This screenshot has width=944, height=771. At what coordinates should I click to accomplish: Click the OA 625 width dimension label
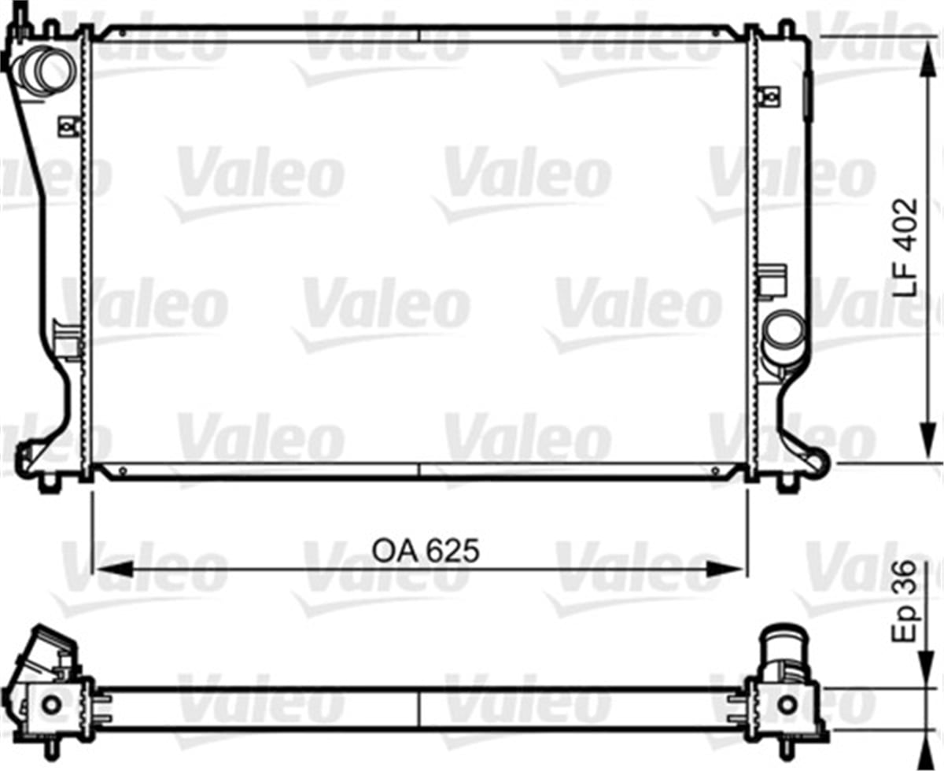tap(425, 550)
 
